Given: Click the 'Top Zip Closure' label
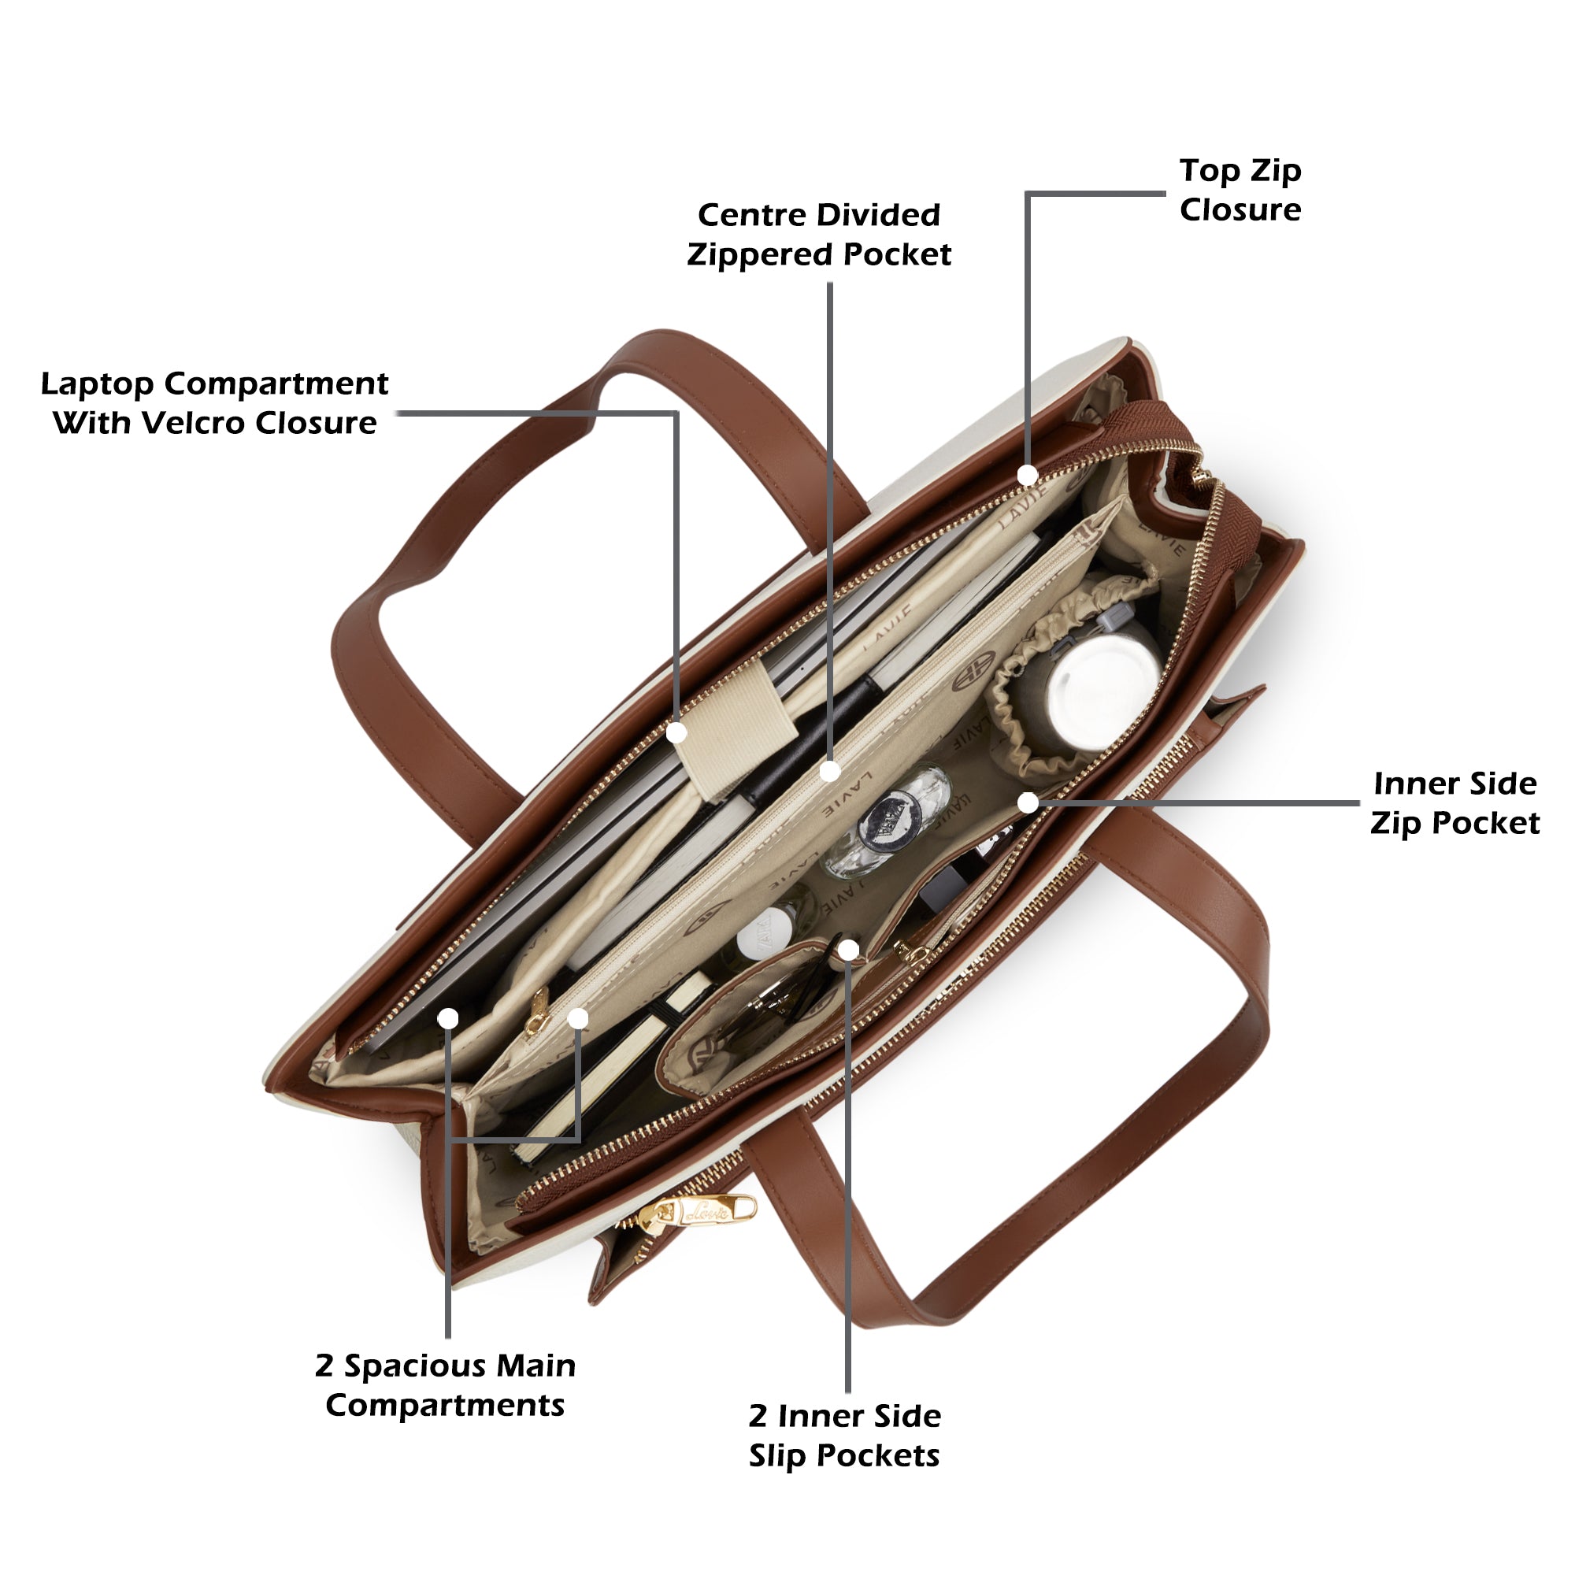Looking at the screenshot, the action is coord(1240,190).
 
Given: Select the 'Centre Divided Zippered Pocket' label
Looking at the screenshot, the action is coord(818,235).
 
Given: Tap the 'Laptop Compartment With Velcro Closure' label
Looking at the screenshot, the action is coord(214,402).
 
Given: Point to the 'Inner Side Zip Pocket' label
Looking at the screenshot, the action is coord(1455,803).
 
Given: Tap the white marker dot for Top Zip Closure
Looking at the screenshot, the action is coord(1027,474).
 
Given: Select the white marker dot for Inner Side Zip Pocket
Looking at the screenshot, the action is coord(1028,803).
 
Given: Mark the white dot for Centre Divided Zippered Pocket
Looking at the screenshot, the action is coord(830,770).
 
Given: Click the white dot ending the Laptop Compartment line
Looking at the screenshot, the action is coord(676,733).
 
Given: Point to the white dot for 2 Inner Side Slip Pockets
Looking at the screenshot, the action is coord(849,949).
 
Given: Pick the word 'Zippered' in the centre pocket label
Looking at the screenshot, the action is coord(761,254).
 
